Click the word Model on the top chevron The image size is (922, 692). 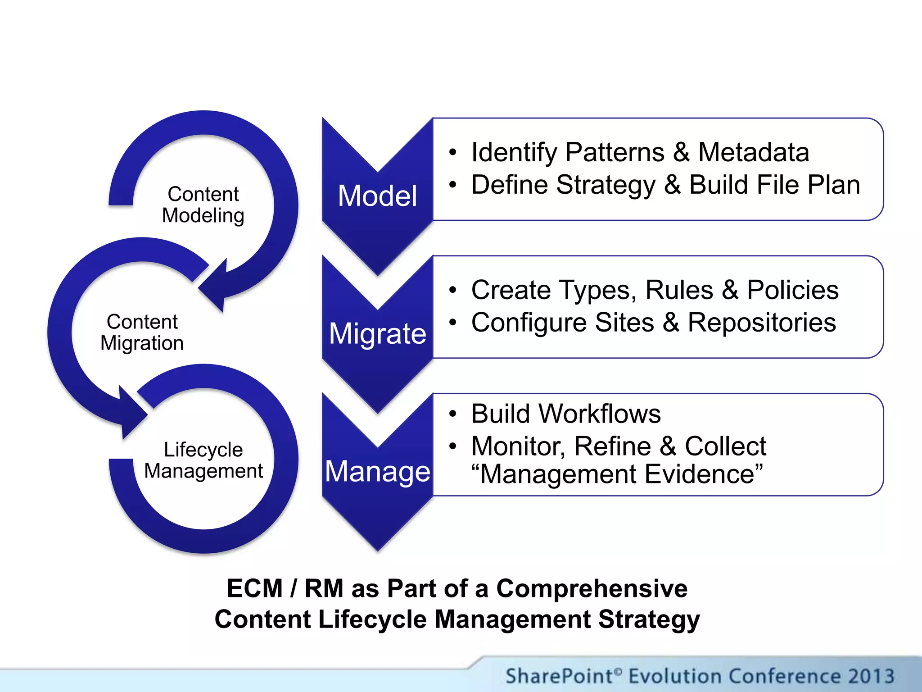(377, 196)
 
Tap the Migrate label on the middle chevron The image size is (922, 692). (377, 334)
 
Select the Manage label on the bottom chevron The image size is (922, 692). (377, 472)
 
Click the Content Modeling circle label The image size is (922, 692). (203, 205)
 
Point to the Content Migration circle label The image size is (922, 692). (142, 332)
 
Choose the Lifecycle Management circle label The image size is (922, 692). (203, 460)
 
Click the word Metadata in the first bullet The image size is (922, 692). (753, 152)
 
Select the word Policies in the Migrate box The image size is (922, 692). (792, 290)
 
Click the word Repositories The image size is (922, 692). (762, 323)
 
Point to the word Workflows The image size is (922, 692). (610, 414)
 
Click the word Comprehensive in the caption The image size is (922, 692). (592, 588)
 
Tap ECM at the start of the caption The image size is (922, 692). (254, 588)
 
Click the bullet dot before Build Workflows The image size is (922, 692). (452, 414)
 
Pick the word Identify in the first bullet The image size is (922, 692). (514, 153)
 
